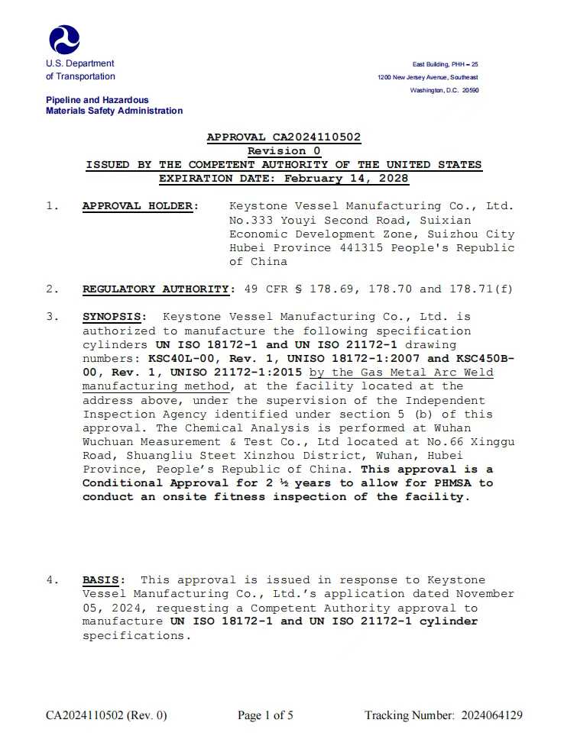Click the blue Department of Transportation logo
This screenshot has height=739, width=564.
[64, 39]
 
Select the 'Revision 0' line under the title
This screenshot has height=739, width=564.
[284, 151]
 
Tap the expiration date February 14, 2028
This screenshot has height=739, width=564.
[346, 179]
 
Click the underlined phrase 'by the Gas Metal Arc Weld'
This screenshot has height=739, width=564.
[401, 373]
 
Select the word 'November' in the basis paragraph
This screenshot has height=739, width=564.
[485, 594]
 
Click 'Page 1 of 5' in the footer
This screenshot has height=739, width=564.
[265, 715]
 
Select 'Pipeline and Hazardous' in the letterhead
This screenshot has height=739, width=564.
[97, 100]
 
